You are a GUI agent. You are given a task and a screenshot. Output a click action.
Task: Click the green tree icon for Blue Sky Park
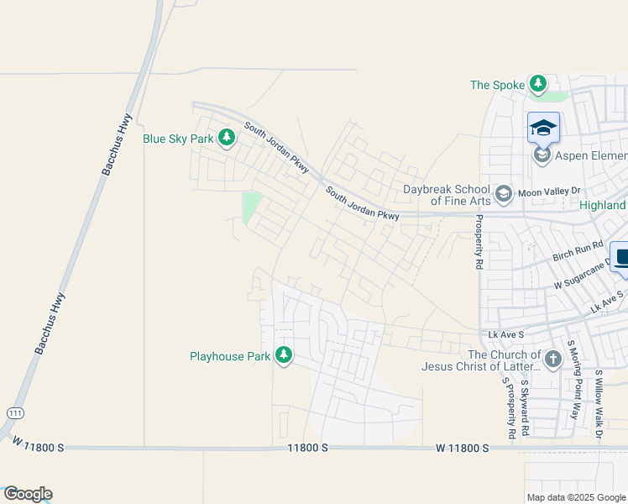point(226,137)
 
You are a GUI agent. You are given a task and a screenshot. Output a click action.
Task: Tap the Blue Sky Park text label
point(178,139)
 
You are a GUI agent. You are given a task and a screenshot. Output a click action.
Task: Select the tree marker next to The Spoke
point(538,84)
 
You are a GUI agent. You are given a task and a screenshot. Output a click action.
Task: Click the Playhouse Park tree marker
point(285,355)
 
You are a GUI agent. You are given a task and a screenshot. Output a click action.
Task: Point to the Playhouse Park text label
point(230,356)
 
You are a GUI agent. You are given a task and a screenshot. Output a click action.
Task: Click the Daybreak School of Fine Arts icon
point(504,195)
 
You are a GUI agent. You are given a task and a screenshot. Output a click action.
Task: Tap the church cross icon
point(552,360)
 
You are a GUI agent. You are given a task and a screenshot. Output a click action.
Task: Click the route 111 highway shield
point(15,413)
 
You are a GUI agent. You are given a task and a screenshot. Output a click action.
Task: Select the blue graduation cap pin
point(543,128)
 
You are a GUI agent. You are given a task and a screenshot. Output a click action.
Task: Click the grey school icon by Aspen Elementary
point(542,155)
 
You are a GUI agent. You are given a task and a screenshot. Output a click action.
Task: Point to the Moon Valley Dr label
point(549,193)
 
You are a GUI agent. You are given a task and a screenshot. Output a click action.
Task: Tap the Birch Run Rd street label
point(578,251)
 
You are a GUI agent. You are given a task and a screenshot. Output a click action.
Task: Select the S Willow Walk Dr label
point(599,403)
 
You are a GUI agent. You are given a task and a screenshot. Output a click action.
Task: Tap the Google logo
point(28,494)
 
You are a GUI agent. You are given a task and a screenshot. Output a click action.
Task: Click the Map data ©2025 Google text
point(576,497)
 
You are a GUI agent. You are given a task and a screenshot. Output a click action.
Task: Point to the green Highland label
point(603,205)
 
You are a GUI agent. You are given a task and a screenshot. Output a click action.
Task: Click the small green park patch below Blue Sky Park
point(251,206)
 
